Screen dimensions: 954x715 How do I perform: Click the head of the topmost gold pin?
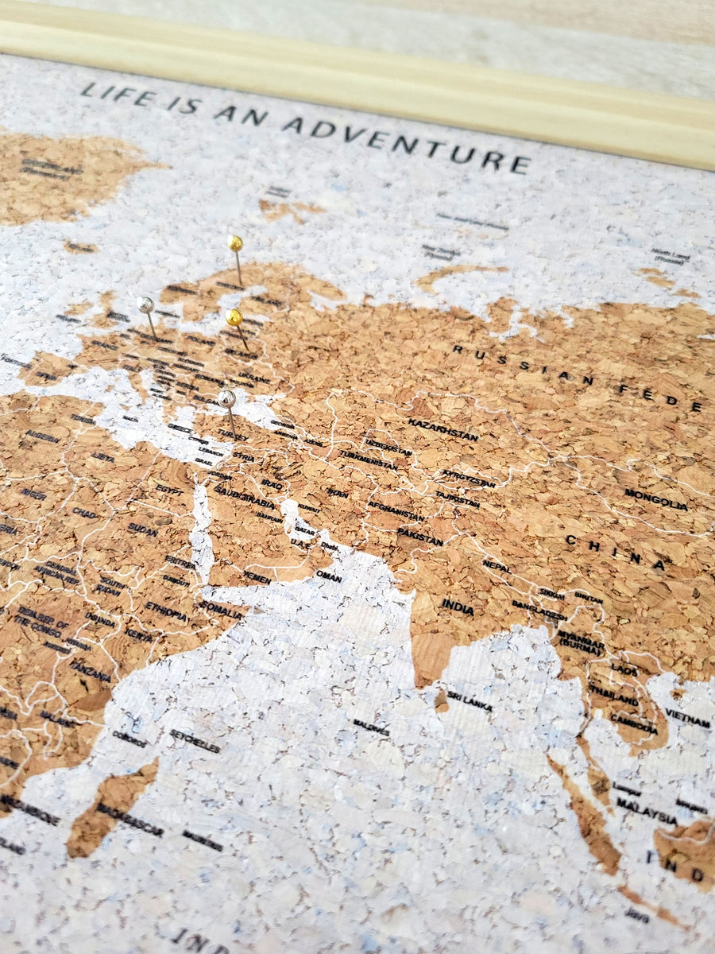[x=234, y=242]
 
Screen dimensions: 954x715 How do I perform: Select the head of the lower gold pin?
[x=234, y=317]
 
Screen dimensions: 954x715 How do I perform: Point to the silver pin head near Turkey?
[x=226, y=397]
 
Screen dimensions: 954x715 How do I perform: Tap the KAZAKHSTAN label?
[x=443, y=429]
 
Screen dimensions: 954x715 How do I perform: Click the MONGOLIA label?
[x=655, y=499]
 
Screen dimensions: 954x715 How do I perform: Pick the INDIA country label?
[x=458, y=607]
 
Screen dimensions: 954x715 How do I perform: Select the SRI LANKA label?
[x=469, y=701]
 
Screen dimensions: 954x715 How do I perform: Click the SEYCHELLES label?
[x=195, y=741]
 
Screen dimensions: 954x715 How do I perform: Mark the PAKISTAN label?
[x=419, y=537]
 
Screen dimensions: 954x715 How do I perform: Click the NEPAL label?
[x=497, y=567]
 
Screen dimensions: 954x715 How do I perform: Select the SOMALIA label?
[x=221, y=609]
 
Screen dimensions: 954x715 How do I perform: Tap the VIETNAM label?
[x=687, y=719]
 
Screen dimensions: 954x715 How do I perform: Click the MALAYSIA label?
[x=647, y=811]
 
